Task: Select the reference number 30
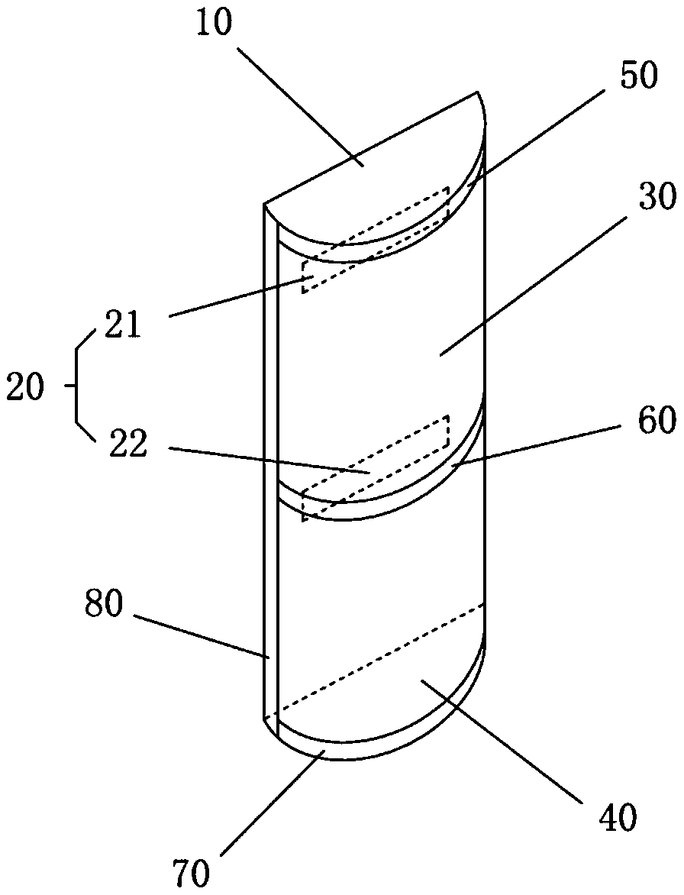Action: point(654,198)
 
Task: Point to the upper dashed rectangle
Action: point(374,238)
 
